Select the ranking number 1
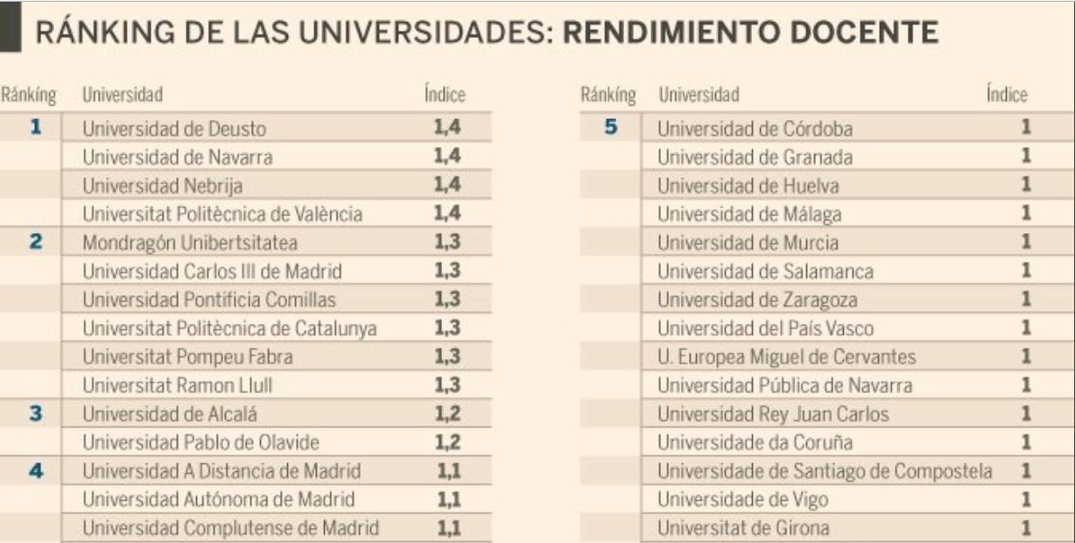point(36,128)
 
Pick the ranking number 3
point(36,413)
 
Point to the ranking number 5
point(610,128)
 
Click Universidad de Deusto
point(174,130)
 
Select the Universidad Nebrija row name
point(163,186)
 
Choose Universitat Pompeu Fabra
point(188,356)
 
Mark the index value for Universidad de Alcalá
point(446,413)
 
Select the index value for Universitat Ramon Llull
point(446,384)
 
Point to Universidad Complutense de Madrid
point(231,527)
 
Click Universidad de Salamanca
point(765,271)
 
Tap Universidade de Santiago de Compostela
point(825,470)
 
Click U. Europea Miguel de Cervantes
point(787,356)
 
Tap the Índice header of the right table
point(1007,95)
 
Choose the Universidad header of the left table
point(123,95)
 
